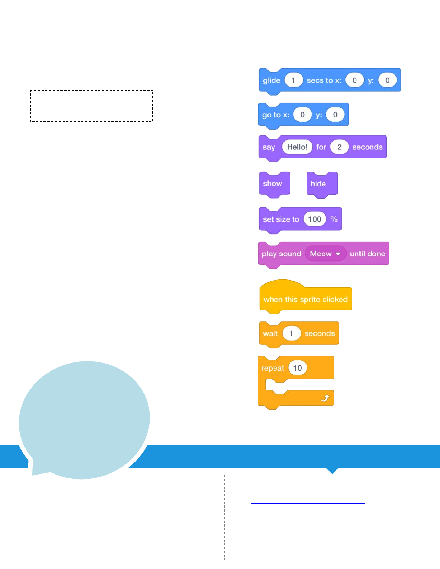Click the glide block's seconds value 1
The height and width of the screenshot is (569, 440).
[293, 80]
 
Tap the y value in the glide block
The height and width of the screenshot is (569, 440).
[387, 80]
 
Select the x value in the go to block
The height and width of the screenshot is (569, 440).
[302, 115]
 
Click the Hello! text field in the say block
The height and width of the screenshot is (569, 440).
[297, 147]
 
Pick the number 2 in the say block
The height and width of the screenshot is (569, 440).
[339, 147]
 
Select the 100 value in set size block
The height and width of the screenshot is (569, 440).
[315, 219]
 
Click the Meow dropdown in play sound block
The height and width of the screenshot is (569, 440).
[325, 254]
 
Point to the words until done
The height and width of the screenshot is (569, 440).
[367, 254]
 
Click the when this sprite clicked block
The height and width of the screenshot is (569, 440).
[305, 299]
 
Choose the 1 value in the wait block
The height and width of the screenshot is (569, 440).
[291, 333]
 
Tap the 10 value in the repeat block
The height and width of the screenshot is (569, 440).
[297, 368]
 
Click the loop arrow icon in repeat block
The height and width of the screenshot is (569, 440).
[325, 398]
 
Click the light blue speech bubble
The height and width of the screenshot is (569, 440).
[84, 418]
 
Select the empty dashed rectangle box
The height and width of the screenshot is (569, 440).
[92, 106]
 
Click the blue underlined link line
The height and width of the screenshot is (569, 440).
[307, 504]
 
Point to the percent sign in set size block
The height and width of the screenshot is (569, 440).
[334, 219]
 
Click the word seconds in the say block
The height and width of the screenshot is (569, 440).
[367, 147]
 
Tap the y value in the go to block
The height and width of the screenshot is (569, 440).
[335, 115]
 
